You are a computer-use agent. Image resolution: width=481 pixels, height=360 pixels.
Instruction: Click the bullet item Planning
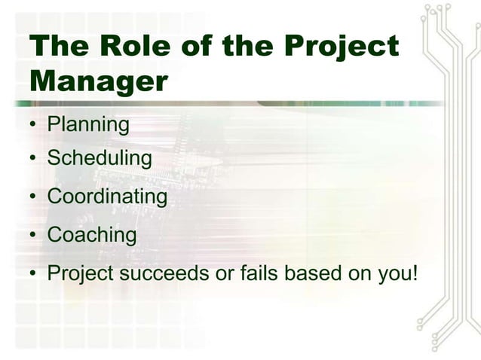click(88, 124)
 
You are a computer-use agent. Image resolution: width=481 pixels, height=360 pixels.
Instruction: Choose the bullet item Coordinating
click(107, 197)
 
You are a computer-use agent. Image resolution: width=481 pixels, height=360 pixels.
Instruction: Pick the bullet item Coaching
click(92, 235)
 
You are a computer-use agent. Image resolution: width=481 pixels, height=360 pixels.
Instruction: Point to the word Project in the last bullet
click(80, 273)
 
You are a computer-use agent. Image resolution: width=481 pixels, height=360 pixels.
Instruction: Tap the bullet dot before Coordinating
click(35, 198)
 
